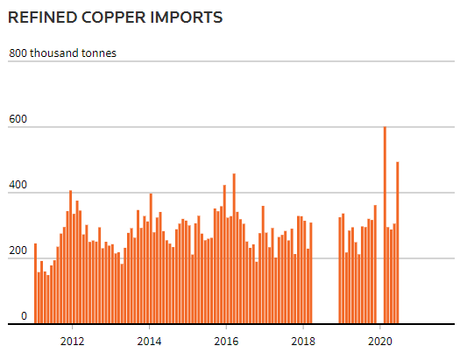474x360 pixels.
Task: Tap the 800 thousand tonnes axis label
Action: point(62,53)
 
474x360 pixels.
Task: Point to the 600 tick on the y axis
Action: point(18,120)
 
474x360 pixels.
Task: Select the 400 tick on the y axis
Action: point(18,186)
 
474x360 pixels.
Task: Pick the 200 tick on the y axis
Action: point(18,251)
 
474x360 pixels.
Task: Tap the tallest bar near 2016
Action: point(234,249)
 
